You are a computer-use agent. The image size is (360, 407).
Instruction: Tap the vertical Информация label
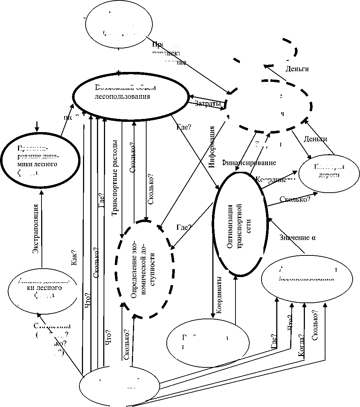coord(212,147)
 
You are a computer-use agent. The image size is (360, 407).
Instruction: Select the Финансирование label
coord(249,162)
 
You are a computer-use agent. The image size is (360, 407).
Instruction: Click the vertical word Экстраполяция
coord(36,229)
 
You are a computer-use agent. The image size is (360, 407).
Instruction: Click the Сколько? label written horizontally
coord(295,199)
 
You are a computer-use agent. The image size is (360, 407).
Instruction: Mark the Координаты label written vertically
coord(219,295)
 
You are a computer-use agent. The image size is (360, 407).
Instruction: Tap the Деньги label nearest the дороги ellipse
coord(316,139)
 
